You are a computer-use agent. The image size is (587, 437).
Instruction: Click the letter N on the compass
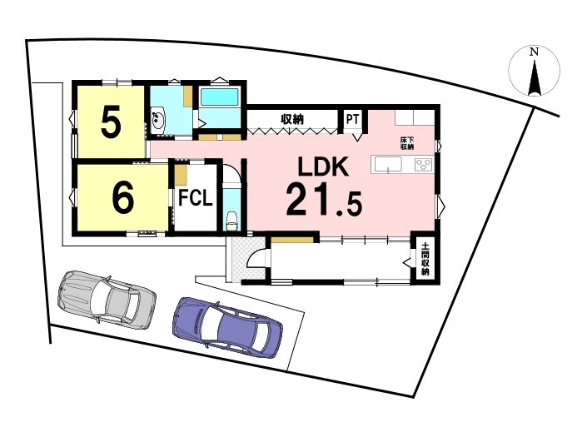click(535, 52)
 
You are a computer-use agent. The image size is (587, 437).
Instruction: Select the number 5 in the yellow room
click(112, 121)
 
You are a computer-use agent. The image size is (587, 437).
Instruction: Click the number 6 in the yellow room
click(123, 197)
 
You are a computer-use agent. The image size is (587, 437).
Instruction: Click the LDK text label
click(323, 166)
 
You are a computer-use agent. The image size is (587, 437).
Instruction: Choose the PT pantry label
click(353, 119)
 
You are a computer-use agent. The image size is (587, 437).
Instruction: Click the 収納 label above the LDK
click(292, 119)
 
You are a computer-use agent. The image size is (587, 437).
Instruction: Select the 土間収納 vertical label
click(425, 259)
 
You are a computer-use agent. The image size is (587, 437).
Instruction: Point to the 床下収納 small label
click(407, 143)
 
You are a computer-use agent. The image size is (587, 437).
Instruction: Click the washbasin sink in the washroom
click(158, 118)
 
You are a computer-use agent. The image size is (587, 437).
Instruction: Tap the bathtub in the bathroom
click(220, 97)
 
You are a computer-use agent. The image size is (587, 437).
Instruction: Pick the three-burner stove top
click(424, 165)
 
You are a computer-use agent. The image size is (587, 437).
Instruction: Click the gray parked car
click(107, 300)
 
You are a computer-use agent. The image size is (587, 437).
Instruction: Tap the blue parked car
click(227, 326)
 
